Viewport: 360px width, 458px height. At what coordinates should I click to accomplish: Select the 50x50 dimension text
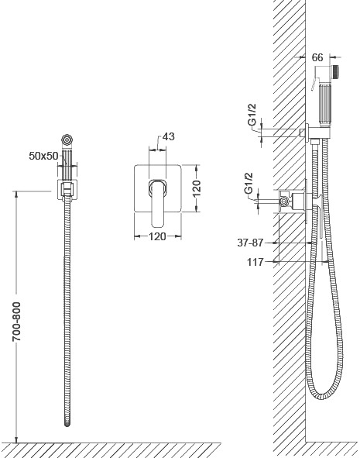[43, 156]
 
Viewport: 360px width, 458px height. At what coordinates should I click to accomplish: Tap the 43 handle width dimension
[168, 136]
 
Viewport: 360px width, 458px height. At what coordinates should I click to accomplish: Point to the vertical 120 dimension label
[197, 188]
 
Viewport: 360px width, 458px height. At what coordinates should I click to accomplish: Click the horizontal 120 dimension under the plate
[157, 236]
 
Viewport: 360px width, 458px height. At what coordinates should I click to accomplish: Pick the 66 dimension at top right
[317, 57]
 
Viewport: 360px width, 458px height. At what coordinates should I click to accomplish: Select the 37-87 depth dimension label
[250, 243]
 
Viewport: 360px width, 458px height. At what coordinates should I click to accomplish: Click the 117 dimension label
[255, 262]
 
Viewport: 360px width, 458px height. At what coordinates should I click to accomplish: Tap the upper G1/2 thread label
[252, 115]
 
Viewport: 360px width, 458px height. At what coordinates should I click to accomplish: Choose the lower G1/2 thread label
[249, 184]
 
